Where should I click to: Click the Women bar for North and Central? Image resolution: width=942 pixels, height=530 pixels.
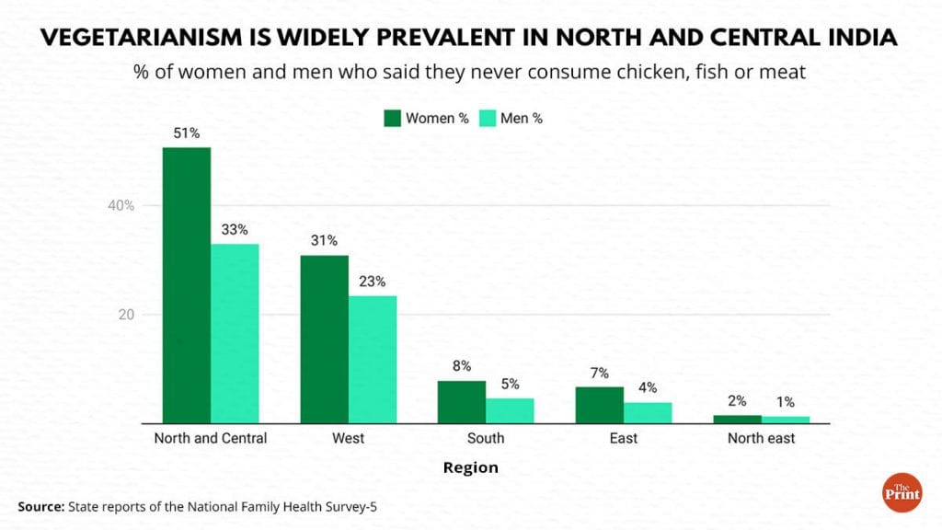click(x=187, y=285)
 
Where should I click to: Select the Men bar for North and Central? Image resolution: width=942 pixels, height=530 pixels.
click(x=235, y=333)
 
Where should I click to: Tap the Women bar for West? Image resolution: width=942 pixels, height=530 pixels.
click(x=324, y=339)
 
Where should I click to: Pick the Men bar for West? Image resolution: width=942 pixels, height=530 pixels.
click(x=372, y=360)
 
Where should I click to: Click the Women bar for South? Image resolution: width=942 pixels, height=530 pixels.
click(x=462, y=402)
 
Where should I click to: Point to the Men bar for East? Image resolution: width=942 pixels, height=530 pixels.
click(x=648, y=413)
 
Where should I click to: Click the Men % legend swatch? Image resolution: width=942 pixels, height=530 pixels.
click(x=488, y=118)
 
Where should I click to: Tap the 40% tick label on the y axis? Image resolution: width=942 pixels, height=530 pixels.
click(x=120, y=205)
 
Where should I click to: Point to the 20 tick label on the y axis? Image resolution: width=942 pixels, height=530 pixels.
click(x=126, y=315)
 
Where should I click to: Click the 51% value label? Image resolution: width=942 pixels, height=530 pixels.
click(x=187, y=133)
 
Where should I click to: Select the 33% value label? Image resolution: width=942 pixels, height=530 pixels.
click(x=235, y=230)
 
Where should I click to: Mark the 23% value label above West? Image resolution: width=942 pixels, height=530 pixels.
click(x=372, y=282)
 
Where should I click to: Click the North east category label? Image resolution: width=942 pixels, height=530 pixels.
click(x=761, y=438)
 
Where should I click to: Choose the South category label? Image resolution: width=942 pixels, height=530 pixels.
click(x=485, y=438)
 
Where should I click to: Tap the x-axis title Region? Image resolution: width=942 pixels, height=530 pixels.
click(x=471, y=467)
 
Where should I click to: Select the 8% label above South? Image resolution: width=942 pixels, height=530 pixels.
click(x=462, y=366)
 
